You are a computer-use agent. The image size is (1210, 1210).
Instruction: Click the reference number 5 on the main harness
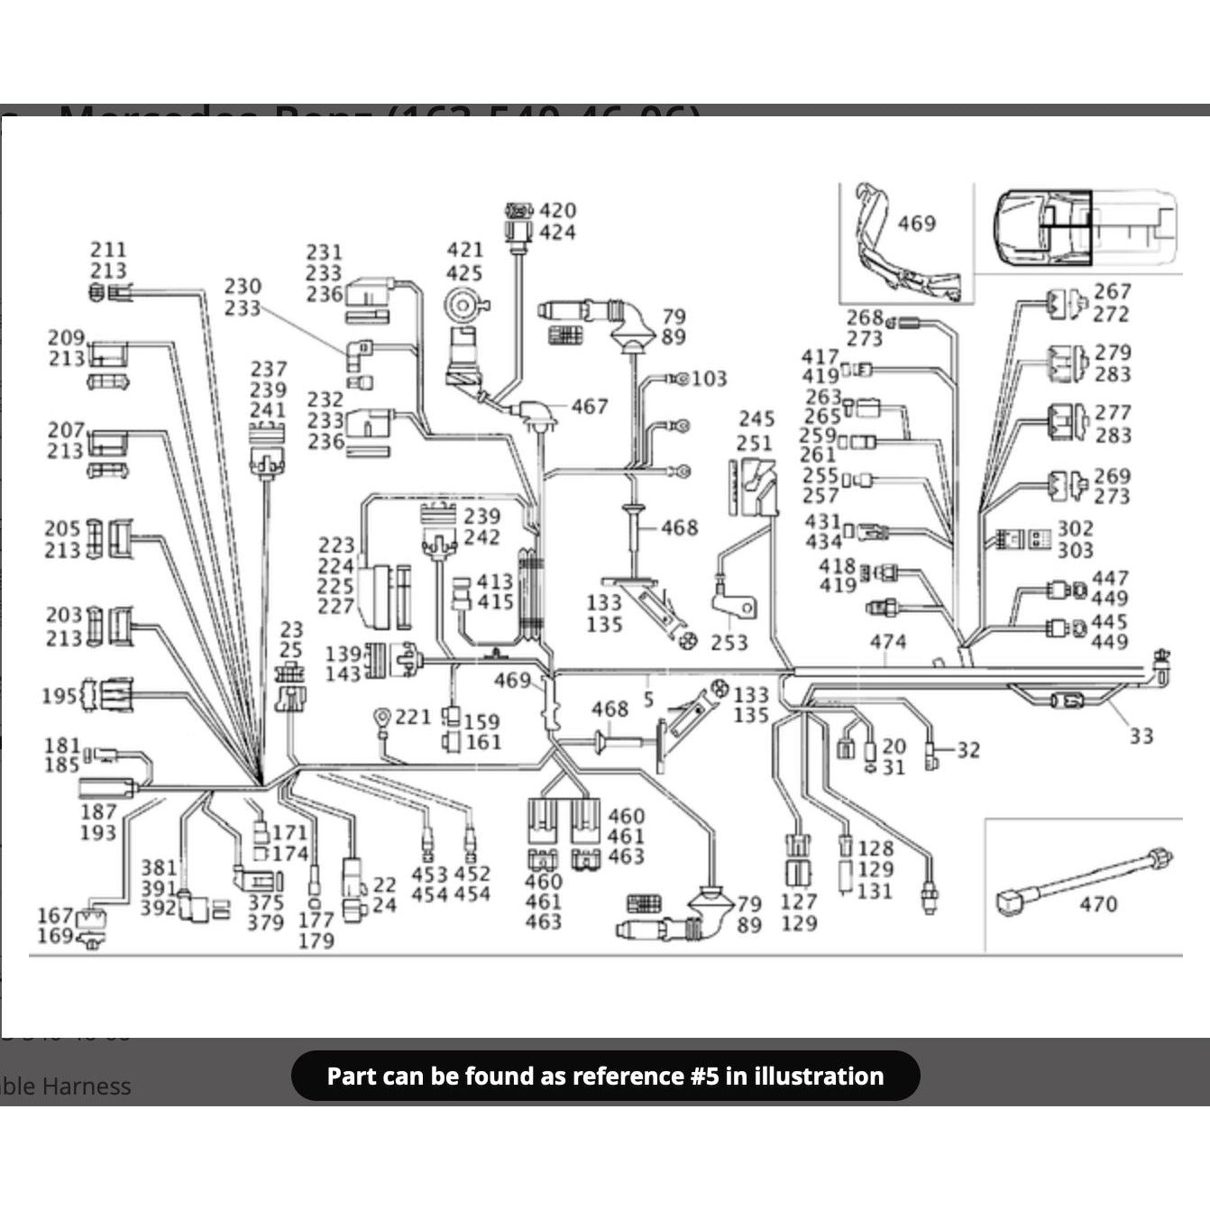(x=648, y=699)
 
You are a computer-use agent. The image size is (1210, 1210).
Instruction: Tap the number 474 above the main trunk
(x=887, y=642)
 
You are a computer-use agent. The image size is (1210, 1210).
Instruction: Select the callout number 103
(x=710, y=379)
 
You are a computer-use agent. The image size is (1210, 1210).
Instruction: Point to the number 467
(x=589, y=407)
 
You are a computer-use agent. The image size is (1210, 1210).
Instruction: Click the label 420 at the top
(x=557, y=210)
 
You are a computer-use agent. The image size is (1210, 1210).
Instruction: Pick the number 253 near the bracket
(x=729, y=642)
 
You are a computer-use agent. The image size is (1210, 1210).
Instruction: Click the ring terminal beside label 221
(x=381, y=719)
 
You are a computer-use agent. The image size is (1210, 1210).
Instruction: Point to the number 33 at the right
(x=1141, y=736)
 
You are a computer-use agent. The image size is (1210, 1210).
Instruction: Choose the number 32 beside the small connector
(x=968, y=749)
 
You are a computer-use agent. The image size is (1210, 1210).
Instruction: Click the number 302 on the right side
(x=1075, y=528)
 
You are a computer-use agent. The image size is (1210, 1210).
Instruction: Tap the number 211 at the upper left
(x=108, y=249)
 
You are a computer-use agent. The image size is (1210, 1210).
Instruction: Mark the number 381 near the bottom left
(x=159, y=867)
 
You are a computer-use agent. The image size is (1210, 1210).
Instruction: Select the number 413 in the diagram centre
(x=494, y=582)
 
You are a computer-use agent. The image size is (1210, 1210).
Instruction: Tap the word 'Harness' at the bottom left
(x=87, y=1086)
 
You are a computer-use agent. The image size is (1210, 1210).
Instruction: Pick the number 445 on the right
(x=1109, y=622)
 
